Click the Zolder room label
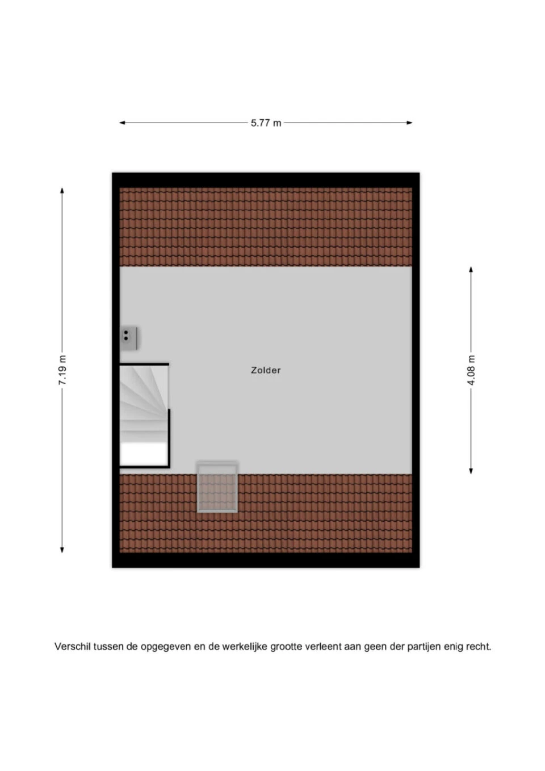(266, 370)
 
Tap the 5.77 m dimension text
(266, 123)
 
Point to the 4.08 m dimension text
(471, 370)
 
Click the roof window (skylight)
(217, 487)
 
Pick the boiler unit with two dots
(129, 338)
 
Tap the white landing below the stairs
(144, 454)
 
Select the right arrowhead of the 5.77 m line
(409, 123)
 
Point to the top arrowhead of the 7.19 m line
(62, 191)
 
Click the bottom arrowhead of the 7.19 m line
(62, 550)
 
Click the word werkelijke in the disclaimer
(245, 647)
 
